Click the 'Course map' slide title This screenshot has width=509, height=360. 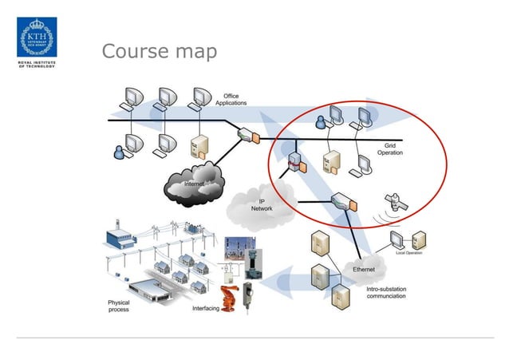pos(159,52)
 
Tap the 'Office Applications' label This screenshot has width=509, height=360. pos(231,100)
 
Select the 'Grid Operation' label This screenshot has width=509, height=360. pos(389,149)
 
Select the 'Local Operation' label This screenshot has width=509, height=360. pos(410,253)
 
